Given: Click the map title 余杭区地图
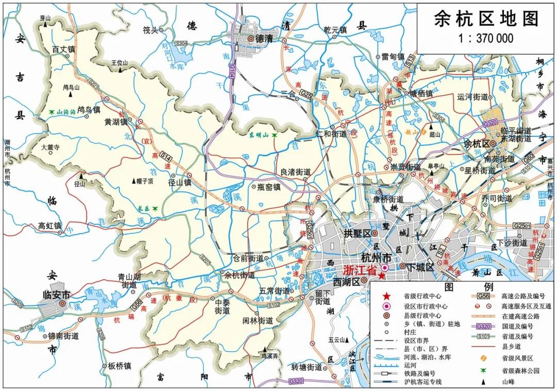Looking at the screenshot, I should point(486,19).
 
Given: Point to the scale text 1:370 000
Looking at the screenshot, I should point(486,38).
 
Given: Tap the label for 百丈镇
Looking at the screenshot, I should point(64,50).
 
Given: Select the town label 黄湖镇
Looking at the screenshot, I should point(116,122).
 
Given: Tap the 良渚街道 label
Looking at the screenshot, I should point(295,172).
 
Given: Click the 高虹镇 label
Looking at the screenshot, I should point(50,225).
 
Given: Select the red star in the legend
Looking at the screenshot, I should point(385,296).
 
